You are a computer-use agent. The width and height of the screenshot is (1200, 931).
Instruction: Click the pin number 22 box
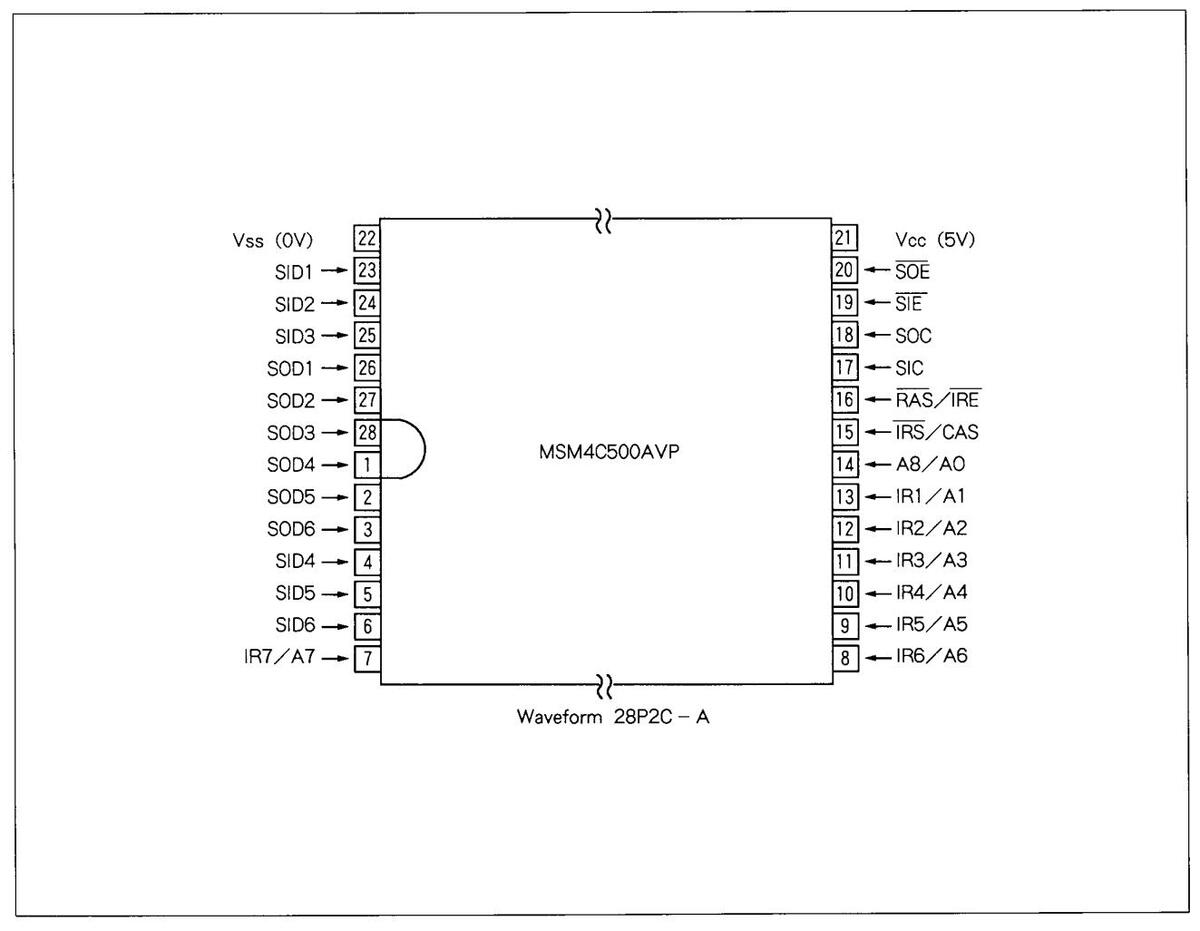pos(367,238)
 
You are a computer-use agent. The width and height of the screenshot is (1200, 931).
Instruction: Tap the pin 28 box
pos(367,432)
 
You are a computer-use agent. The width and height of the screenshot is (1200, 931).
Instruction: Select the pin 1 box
pos(367,464)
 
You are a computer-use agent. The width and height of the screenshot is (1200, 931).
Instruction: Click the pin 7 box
pos(367,658)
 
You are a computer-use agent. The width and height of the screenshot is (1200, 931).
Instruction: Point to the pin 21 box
pos(845,238)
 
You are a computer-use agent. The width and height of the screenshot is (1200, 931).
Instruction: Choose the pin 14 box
pos(845,464)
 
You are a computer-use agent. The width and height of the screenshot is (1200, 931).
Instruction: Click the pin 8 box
pos(845,658)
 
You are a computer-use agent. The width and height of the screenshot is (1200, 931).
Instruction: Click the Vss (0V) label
pos(273,240)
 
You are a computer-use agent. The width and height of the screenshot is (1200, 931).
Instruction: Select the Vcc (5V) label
pos(935,240)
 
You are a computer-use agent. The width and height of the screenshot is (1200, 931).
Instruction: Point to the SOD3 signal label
pos(291,433)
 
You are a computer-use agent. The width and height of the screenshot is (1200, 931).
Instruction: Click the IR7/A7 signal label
pos(280,659)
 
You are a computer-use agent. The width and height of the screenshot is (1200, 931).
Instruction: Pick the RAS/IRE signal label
pos(937,400)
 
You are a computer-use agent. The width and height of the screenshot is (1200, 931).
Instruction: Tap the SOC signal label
pos(913,336)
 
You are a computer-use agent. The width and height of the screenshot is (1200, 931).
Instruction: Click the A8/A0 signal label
pos(930,464)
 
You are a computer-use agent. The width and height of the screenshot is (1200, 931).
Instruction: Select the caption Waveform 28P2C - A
pos(613,717)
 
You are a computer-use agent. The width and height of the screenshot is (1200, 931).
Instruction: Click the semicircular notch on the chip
pos(408,449)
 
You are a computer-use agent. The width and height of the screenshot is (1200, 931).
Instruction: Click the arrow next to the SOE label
pos(877,271)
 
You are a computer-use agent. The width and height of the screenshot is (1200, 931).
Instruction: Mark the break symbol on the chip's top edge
pos(603,219)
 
